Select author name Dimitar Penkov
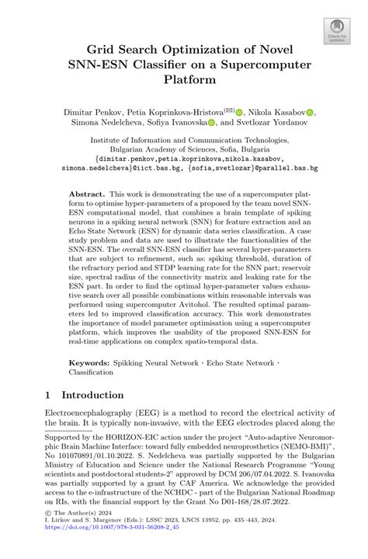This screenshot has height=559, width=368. pyautogui.click(x=86, y=113)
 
